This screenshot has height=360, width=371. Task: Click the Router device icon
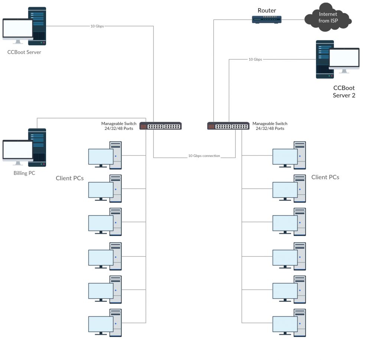tap(267, 20)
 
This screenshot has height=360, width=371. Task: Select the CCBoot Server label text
tap(24, 52)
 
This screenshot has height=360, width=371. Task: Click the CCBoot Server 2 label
tap(344, 92)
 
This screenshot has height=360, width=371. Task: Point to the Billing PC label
tap(24, 173)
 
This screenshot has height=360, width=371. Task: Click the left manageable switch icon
tap(160, 126)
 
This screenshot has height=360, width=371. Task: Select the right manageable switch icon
tap(228, 126)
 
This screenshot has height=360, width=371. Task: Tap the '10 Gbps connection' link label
tap(204, 156)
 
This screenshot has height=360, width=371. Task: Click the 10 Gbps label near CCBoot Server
tap(97, 26)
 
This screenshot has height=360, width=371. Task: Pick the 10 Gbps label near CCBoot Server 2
tap(255, 59)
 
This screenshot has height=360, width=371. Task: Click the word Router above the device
tap(267, 10)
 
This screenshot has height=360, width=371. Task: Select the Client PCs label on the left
tap(69, 178)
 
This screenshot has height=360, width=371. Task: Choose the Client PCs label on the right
tap(325, 177)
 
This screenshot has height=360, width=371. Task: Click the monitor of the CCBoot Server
tap(18, 29)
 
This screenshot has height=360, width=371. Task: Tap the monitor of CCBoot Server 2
tap(344, 58)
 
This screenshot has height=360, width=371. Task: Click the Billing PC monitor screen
tap(18, 150)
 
